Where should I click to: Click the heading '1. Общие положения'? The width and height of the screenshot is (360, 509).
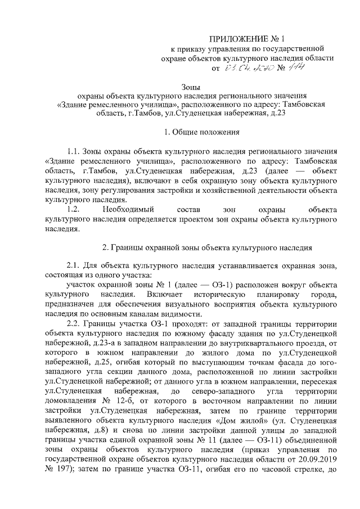[201, 133]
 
